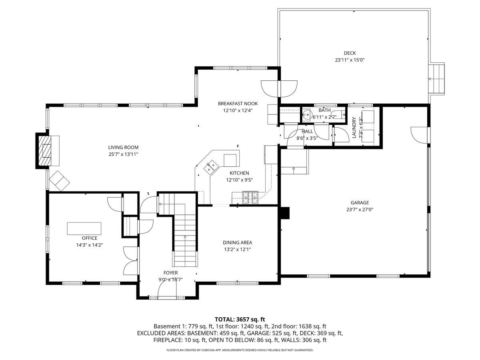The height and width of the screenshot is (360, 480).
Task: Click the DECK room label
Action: (x=350, y=53)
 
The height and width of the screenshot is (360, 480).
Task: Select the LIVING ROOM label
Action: (x=123, y=147)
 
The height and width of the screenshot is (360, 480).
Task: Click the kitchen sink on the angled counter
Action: (x=210, y=167)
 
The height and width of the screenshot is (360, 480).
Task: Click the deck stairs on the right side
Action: (x=436, y=78)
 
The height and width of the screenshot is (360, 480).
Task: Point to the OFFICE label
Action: (x=90, y=238)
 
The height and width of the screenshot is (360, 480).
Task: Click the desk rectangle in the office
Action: (x=84, y=228)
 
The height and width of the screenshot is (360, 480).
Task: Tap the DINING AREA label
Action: (x=237, y=242)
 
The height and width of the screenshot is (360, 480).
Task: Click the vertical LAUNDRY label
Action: (x=354, y=128)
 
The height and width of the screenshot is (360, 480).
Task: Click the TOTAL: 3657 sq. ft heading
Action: (x=240, y=319)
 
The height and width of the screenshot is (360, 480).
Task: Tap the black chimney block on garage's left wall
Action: (x=285, y=213)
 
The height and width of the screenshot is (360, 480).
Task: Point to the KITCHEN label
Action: (x=239, y=173)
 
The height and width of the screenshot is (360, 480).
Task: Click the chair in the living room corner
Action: (x=59, y=180)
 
